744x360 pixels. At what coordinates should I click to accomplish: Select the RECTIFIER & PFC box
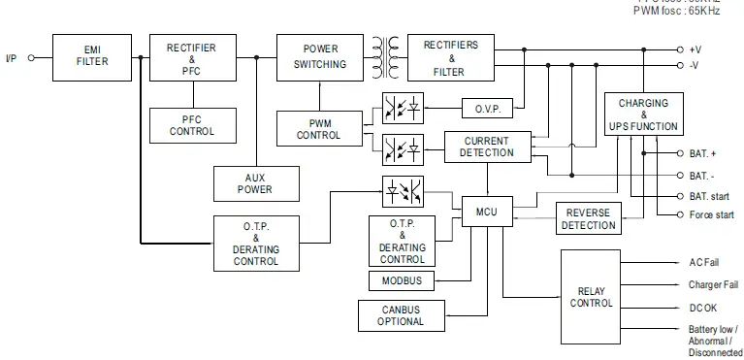pos(191,56)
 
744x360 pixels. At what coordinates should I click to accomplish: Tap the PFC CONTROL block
pos(191,125)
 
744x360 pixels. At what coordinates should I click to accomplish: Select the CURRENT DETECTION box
pos(486,147)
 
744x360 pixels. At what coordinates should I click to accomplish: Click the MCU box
pos(485,211)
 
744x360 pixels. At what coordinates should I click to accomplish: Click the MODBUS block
pos(402,281)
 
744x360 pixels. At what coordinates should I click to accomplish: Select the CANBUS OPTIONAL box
pos(402,315)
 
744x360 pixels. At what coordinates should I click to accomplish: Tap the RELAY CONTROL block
pos(590,297)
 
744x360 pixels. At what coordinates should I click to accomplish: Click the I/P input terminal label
pos(12,58)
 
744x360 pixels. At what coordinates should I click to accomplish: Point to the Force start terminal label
pos(712,215)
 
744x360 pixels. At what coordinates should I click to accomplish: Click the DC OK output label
pos(704,309)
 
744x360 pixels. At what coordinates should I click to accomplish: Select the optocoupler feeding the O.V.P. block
pos(402,108)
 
